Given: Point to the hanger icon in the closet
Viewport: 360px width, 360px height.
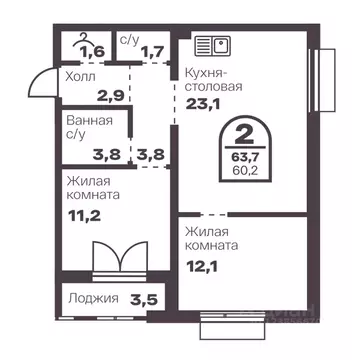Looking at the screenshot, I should point(82,38).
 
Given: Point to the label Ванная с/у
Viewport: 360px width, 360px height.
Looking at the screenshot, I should point(88,126).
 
